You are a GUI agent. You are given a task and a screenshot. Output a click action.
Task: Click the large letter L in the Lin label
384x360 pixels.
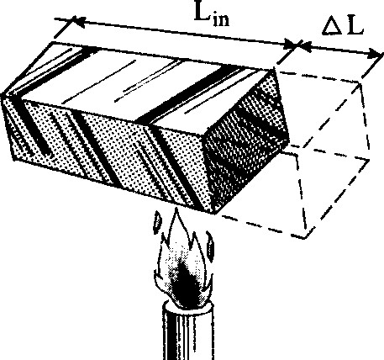(202, 11)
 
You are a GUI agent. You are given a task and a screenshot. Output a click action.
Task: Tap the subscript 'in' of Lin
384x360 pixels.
(221, 20)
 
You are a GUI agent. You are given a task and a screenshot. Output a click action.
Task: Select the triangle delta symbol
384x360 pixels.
(332, 28)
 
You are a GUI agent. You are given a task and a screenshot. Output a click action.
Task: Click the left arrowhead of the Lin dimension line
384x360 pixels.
(79, 21)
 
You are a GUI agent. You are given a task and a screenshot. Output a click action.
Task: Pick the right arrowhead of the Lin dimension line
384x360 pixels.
(292, 45)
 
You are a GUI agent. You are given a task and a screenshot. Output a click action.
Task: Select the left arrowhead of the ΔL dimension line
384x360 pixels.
(305, 46)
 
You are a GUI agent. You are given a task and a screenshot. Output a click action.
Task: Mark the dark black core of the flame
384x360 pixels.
(183, 286)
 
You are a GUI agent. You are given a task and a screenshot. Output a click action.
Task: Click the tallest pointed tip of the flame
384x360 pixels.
(176, 209)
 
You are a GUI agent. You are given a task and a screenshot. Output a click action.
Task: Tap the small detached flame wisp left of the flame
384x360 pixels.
(157, 223)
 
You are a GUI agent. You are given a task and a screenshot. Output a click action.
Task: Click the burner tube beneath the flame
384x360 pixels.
(188, 331)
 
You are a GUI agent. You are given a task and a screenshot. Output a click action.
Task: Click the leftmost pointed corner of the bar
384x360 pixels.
(3, 95)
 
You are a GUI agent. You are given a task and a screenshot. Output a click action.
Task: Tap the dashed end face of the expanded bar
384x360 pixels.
(330, 157)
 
